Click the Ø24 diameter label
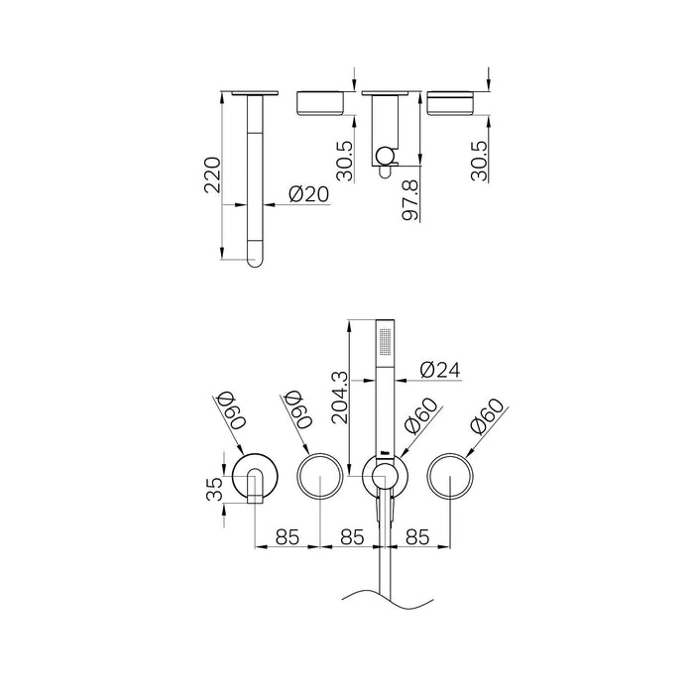[x=440, y=369]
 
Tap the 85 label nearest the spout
[x=288, y=536]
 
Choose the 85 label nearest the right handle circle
[x=415, y=536]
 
